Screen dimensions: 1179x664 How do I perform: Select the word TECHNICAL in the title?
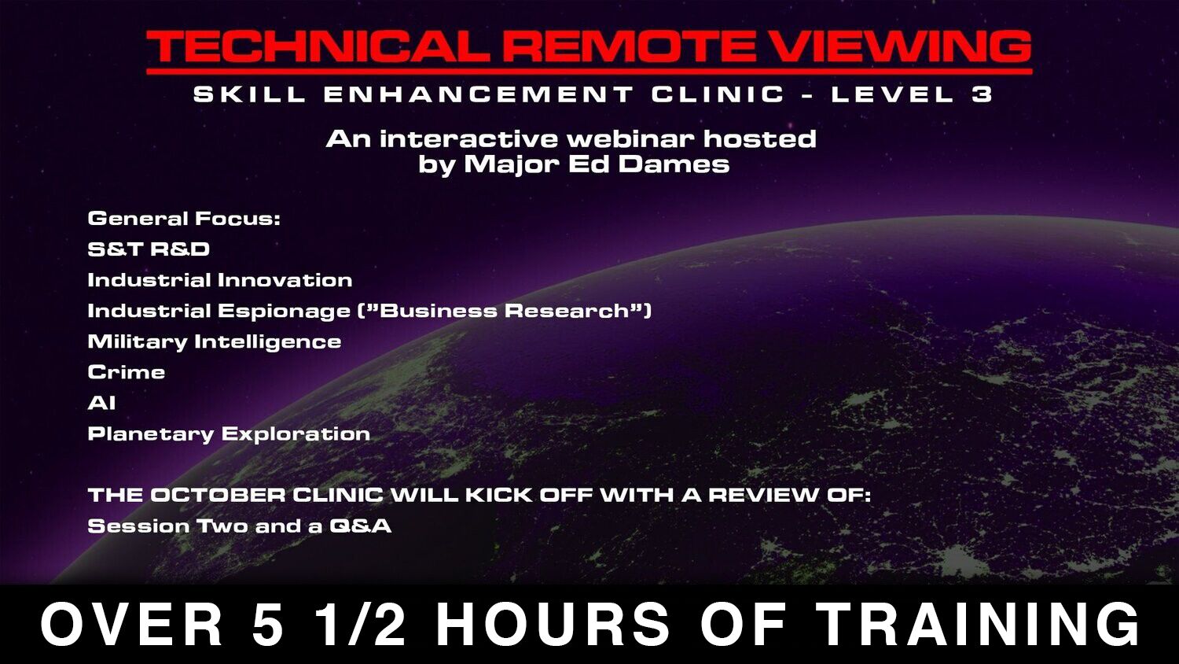[x=318, y=47]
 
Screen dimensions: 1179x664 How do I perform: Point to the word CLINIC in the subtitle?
[x=718, y=94]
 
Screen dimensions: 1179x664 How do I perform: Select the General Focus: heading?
[x=184, y=218]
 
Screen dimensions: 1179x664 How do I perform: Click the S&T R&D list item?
[x=149, y=249]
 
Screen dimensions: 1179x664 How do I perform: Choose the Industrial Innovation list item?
[x=220, y=280]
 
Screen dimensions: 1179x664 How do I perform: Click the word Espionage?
[x=285, y=311]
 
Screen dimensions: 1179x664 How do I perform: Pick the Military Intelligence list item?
[x=215, y=341]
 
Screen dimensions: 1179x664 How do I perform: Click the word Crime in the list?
[x=127, y=372]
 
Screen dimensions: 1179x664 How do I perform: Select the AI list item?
[x=101, y=403]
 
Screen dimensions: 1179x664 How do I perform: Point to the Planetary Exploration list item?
[x=229, y=433]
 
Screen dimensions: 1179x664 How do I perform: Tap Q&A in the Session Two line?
[x=361, y=526]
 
